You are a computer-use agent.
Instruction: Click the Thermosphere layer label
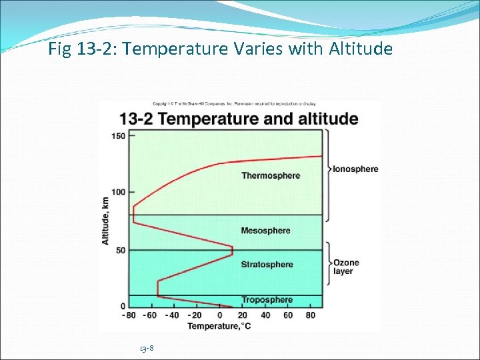coord(271,176)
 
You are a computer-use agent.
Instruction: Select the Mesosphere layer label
coord(265,231)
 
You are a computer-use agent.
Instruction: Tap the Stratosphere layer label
coord(267,265)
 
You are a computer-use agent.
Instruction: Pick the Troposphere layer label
coord(267,300)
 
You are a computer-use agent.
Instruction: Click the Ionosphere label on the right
coord(355,169)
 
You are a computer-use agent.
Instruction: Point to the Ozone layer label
coord(346,267)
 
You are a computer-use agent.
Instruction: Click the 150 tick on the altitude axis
coord(117,137)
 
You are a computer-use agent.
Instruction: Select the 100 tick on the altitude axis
coord(117,193)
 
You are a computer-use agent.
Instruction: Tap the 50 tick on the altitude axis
coord(120,250)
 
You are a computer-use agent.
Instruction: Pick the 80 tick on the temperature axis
coord(311,315)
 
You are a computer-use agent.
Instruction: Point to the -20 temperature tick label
coord(195,315)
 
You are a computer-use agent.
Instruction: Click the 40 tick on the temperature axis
coord(265,315)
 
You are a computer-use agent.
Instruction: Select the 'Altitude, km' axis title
coord(105,220)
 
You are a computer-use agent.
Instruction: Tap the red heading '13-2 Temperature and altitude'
coord(239,119)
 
